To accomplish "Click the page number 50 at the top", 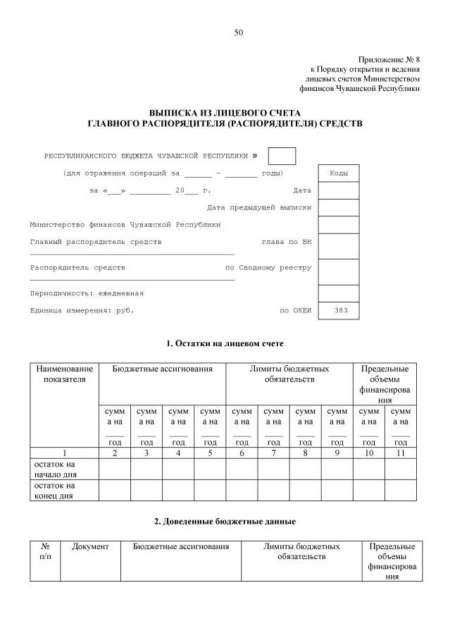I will pos(239,32).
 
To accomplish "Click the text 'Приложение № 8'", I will pos(389,60).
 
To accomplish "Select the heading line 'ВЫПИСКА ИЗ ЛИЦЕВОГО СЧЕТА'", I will pos(225,113).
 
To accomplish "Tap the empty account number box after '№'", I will pos(282,156).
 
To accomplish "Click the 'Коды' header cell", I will pos(339,173).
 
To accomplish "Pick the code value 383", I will pos(339,310).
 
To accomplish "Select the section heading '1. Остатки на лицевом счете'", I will pos(225,343).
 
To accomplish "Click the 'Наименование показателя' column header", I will pos(64,374).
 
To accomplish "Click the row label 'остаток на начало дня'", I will pos(53,469).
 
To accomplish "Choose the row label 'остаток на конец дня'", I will pos(53,490).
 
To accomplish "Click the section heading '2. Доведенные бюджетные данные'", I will pos(225,521).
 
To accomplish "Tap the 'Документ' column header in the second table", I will pos(90,546).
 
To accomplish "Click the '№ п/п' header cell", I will pos(45,551).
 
